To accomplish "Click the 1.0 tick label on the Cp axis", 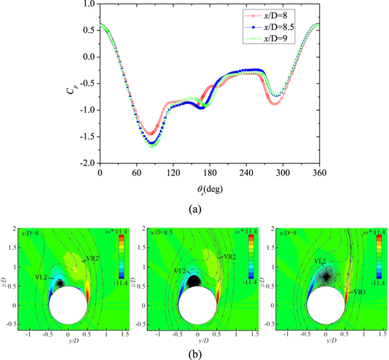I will coord(89,4).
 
